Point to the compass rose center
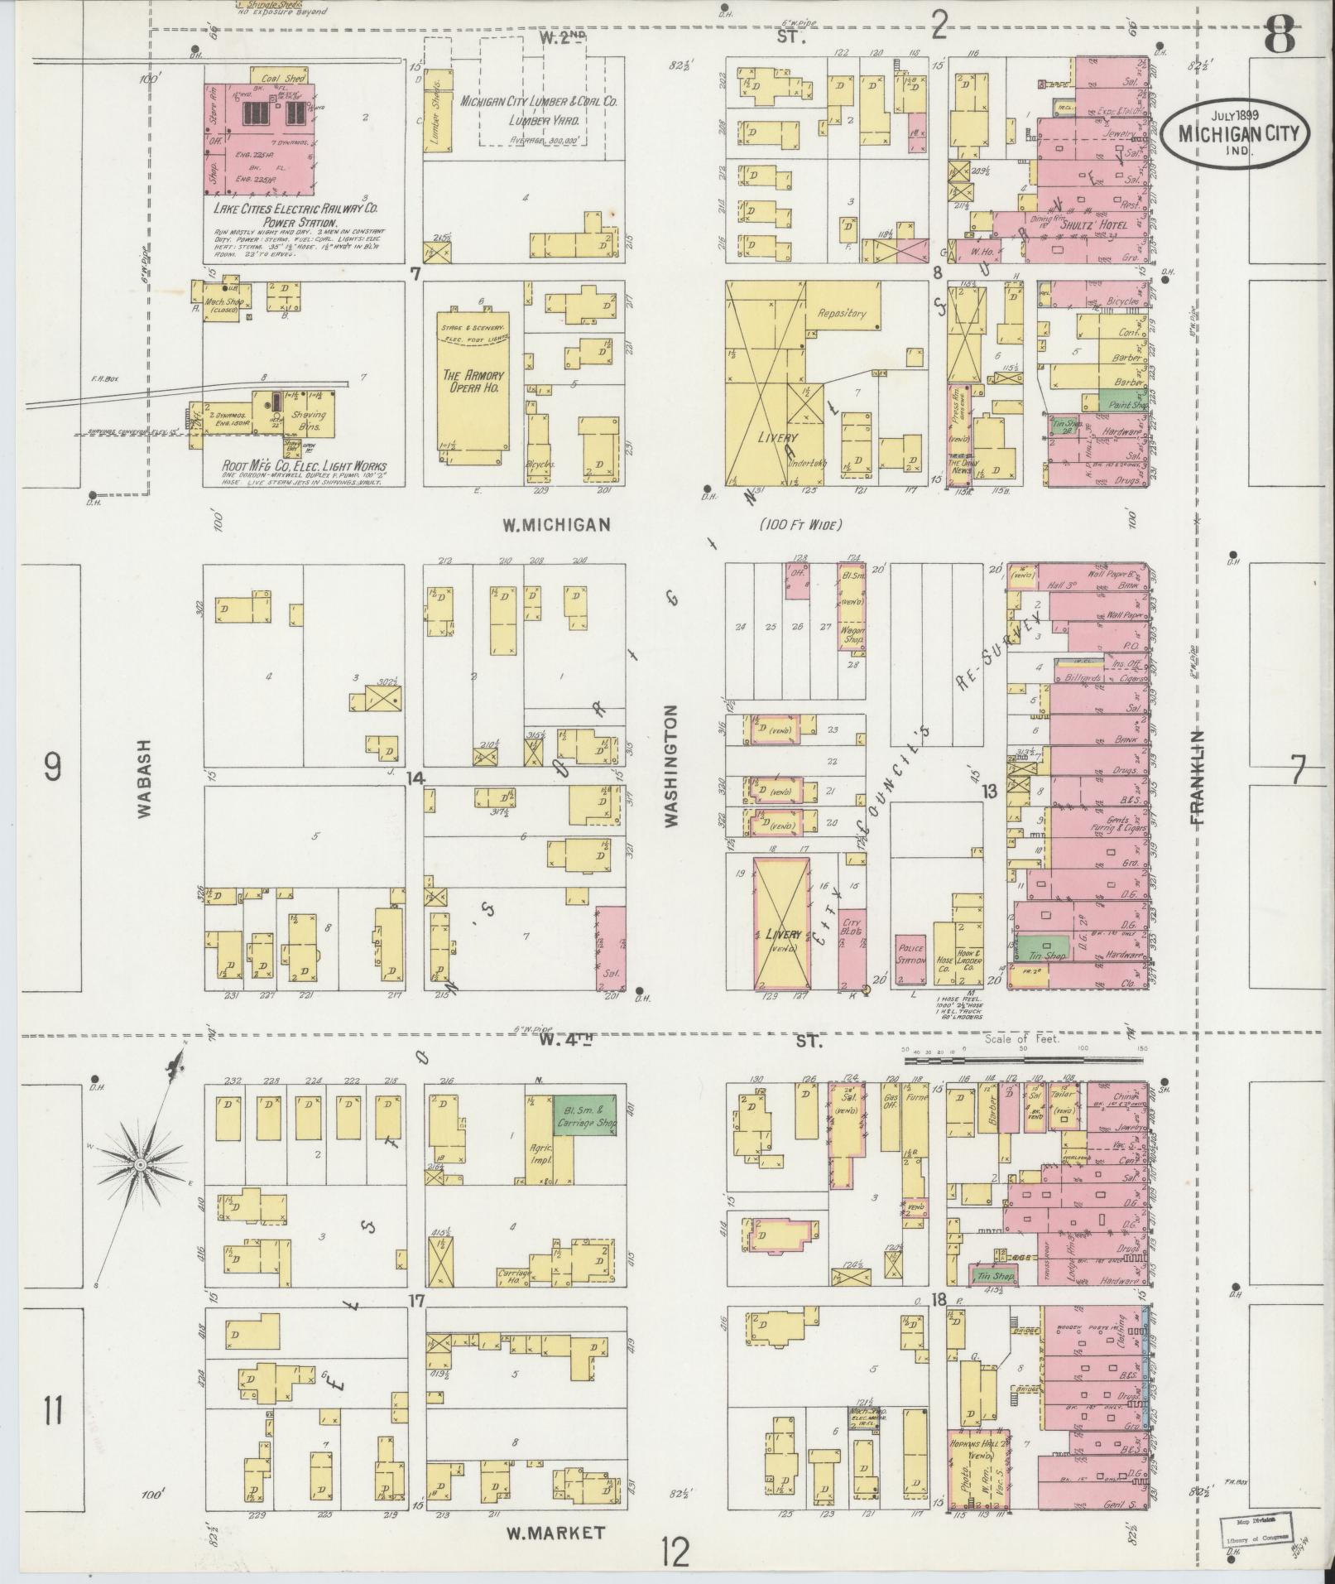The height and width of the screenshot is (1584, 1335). click(141, 1164)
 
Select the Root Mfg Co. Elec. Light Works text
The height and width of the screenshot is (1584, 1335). click(304, 466)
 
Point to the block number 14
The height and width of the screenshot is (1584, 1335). click(415, 778)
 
